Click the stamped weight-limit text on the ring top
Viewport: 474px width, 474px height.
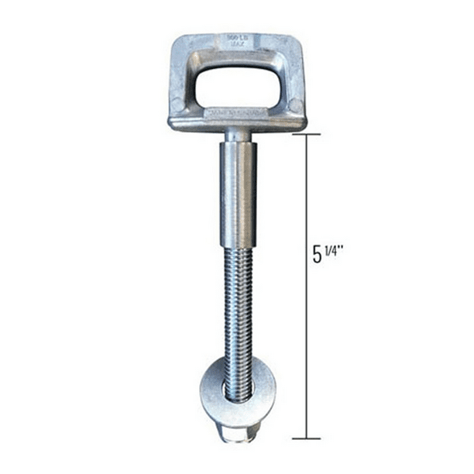(x=236, y=40)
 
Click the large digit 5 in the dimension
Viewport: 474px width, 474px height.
(x=318, y=254)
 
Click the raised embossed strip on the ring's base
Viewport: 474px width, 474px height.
(x=236, y=115)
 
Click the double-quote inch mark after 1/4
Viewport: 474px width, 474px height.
(x=342, y=248)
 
